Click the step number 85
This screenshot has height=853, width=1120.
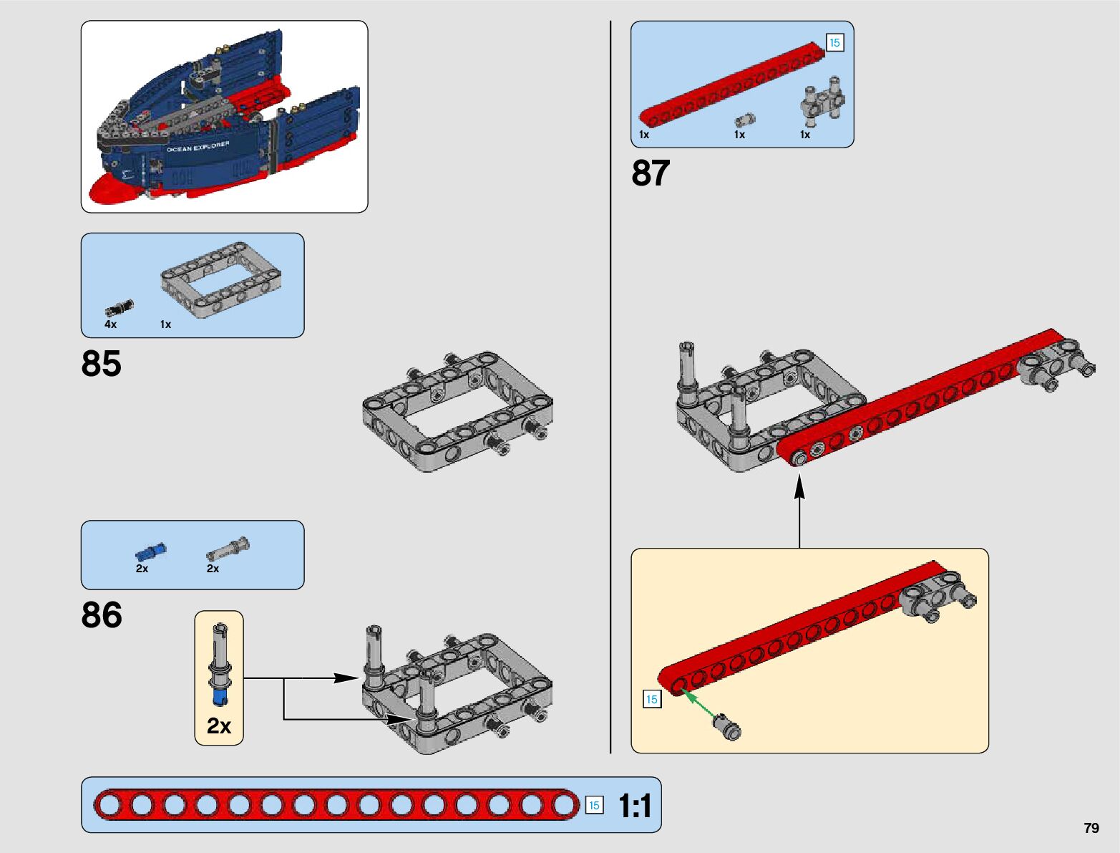click(x=102, y=364)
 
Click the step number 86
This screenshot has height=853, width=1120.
click(x=102, y=615)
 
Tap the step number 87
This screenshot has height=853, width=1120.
click(x=651, y=173)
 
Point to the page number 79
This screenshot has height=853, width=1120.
click(x=1091, y=828)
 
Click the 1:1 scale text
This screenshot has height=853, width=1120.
click(x=635, y=806)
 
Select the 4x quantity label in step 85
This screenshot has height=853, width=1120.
click(x=110, y=324)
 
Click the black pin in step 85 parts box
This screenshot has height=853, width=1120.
click(x=120, y=308)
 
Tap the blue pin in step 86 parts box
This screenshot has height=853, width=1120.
click(x=150, y=552)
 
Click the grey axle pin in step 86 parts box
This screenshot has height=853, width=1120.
click(x=228, y=549)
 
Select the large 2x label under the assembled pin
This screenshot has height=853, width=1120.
click(x=219, y=726)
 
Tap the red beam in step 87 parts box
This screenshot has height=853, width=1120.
click(x=730, y=85)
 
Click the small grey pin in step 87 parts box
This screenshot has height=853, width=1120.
click(x=745, y=120)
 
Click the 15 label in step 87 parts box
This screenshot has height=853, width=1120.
click(x=834, y=43)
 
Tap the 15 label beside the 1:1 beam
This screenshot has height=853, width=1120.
click(x=594, y=805)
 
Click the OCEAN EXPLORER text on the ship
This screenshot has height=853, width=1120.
click(x=198, y=147)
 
